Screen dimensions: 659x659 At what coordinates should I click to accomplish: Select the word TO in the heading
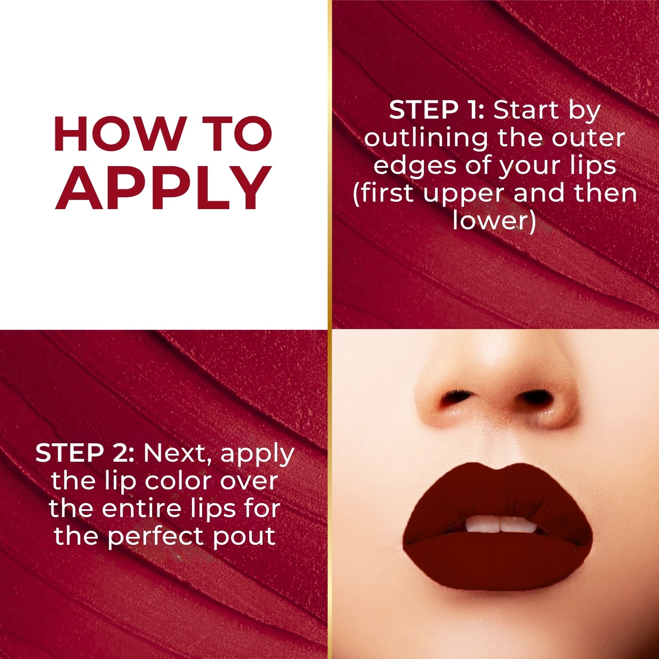[x=239, y=134]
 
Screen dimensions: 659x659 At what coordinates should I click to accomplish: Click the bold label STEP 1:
[x=436, y=110]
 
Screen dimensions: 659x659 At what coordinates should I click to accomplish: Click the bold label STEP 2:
[x=85, y=453]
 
